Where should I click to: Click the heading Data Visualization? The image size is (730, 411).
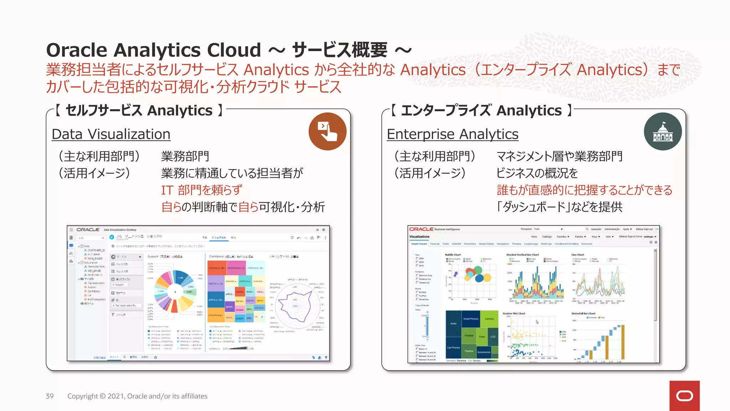pos(111,135)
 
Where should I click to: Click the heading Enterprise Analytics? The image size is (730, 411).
pos(452,135)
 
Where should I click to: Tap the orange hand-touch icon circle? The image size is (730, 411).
pos(327,131)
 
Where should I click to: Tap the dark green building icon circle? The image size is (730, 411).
pos(663,132)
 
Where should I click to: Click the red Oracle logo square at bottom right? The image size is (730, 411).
pos(684,396)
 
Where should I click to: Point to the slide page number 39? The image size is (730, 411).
pos(50,396)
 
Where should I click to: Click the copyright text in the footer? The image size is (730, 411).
pos(137,396)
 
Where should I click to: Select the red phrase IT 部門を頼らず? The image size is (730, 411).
pos(202,190)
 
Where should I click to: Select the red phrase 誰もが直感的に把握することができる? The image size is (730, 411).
pos(584,190)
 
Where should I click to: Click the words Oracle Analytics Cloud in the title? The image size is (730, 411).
pos(154,50)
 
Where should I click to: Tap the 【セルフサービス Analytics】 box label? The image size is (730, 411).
pos(139,111)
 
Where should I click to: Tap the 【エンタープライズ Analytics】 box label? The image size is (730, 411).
pos(482,111)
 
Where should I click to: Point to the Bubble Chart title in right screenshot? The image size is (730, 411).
pos(453,255)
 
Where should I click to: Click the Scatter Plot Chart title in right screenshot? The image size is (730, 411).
pos(514,314)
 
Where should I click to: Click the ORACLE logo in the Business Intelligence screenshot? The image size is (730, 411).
pos(421,229)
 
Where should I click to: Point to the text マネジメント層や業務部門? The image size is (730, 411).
pos(559,156)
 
